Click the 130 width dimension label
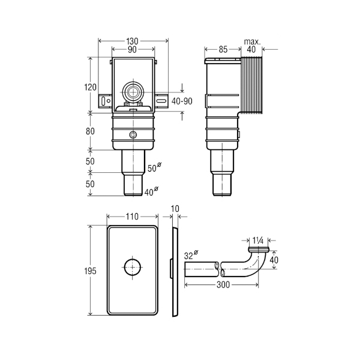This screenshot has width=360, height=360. (x=132, y=41)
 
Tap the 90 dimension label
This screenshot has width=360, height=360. (x=132, y=50)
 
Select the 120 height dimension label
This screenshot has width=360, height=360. (x=90, y=87)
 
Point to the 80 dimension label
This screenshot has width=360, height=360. (x=90, y=131)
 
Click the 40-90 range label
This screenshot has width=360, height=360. (x=182, y=101)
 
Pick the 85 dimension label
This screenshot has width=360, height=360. (x=223, y=49)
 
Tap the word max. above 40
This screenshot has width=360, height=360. (x=253, y=42)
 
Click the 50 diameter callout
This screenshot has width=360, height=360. (x=154, y=167)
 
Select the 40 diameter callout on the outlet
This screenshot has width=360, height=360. (x=152, y=192)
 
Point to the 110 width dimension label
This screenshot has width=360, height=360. (x=132, y=217)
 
